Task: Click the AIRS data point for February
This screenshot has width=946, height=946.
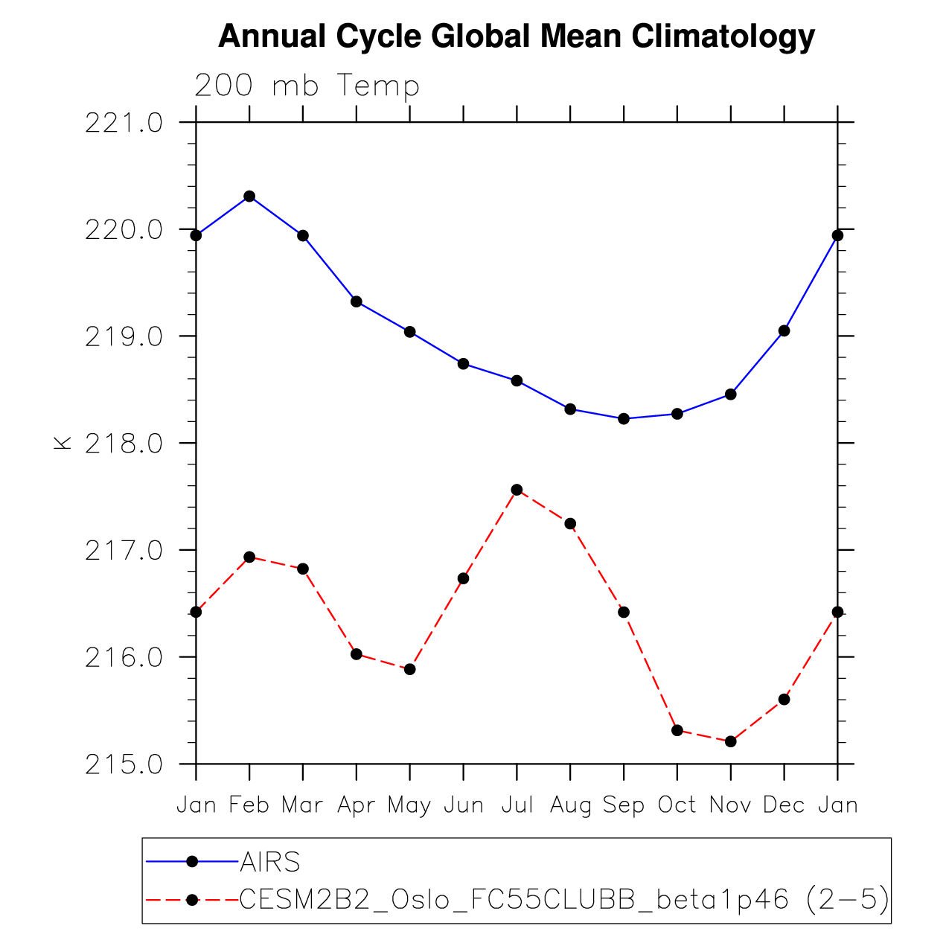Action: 249,196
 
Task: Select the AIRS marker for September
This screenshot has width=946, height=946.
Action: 624,419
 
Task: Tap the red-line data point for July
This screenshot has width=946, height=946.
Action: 517,490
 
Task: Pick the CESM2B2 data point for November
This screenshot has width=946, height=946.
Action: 730,741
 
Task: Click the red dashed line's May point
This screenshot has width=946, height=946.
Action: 409,669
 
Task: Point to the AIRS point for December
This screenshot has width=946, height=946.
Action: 784,330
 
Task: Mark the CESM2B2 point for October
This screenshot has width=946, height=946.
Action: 677,730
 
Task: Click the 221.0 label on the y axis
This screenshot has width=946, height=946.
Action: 124,123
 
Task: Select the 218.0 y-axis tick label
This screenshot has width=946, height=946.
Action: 124,444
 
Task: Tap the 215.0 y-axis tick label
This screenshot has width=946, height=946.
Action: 124,765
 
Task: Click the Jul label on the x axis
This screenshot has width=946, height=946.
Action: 517,805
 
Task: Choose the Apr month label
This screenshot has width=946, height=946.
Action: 356,805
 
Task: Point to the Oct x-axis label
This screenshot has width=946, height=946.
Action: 677,805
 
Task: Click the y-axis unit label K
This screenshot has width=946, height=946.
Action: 62,443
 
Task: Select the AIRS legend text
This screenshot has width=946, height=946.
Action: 270,862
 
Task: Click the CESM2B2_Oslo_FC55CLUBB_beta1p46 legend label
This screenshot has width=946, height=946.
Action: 514,900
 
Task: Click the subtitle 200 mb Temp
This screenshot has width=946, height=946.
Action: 307,86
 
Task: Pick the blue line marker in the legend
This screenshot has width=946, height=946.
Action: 192,862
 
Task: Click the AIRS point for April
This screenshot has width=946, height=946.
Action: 357,301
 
